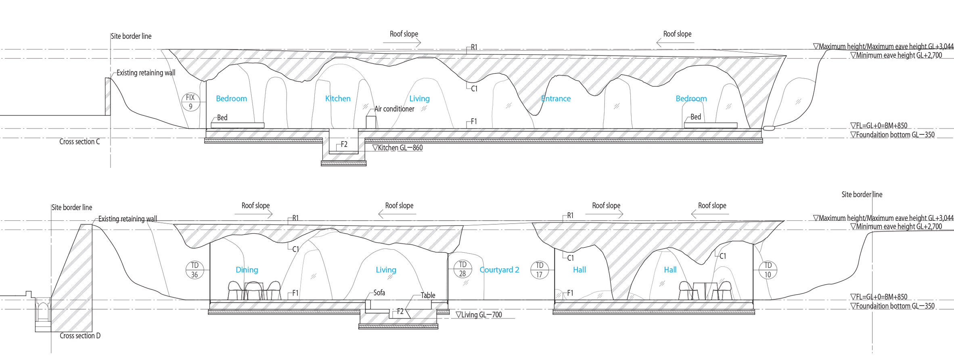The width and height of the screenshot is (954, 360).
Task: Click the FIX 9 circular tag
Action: [190, 102]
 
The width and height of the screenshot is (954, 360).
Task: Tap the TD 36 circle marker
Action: [195, 270]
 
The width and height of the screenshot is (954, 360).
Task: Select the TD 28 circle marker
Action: [462, 269]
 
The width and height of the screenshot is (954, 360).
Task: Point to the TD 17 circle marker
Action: [539, 270]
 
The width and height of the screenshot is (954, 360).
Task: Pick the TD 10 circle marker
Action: [768, 270]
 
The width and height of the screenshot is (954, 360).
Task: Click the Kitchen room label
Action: [338, 98]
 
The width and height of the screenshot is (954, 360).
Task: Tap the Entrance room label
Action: [556, 98]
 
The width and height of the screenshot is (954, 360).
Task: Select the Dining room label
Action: [247, 270]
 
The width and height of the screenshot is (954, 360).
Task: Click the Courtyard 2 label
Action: [499, 270]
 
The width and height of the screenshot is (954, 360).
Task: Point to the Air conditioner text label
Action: [394, 109]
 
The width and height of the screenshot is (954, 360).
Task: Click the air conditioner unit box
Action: [371, 122]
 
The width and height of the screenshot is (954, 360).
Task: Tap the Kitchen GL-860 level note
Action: [397, 148]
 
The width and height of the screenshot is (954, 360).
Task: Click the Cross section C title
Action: [79, 142]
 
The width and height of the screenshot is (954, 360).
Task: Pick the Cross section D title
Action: [80, 336]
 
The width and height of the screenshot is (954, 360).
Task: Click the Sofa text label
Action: [379, 293]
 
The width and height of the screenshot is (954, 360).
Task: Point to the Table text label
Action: [428, 295]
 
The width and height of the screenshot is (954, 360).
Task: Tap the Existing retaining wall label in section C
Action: [146, 73]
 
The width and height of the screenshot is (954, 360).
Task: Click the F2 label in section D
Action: [400, 312]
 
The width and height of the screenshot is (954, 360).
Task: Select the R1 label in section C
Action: [474, 47]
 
